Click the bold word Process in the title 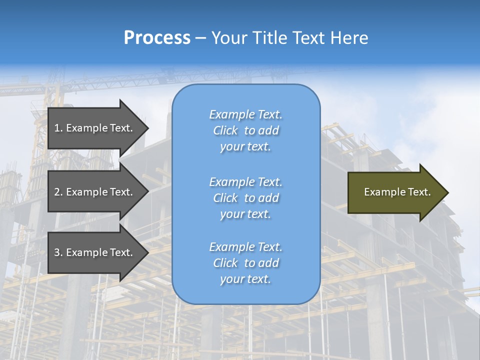[157, 38]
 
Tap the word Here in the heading [349, 38]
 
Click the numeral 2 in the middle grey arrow [57, 192]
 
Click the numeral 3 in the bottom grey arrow [57, 252]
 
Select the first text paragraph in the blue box [245, 130]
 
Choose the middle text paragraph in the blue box [245, 198]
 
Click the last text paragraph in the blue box [245, 263]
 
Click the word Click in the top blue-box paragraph [225, 130]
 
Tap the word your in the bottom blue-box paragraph [231, 279]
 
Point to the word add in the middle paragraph [268, 198]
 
